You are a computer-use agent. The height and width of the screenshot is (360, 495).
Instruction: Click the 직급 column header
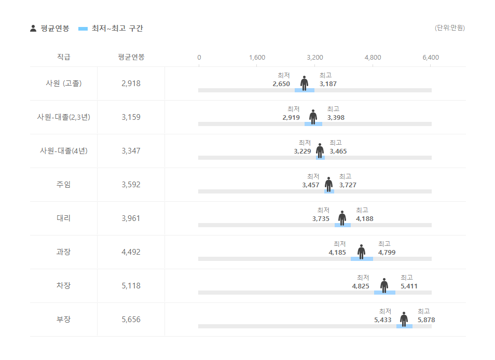pos(63,57)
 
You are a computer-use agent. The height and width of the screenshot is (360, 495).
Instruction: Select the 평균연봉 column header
pos(131,57)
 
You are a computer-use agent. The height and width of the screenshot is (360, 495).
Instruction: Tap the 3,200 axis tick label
pos(315,58)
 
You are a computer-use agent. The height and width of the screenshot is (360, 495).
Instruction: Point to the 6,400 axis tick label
pos(431,58)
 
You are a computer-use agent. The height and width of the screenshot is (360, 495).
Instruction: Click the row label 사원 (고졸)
pos(63,83)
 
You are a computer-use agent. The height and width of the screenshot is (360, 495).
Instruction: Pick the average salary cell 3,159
pos(131,117)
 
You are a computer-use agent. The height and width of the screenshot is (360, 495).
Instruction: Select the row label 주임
pos(63,185)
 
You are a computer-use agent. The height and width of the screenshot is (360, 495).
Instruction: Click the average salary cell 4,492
pos(131,252)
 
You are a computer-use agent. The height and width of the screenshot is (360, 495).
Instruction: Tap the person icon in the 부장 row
pos(404,319)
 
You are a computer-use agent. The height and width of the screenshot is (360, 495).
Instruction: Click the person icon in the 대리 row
pos(342,218)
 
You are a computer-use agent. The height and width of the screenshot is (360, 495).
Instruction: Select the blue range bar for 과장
pos(362,258)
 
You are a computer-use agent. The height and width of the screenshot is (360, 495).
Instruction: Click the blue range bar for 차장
pos(384,293)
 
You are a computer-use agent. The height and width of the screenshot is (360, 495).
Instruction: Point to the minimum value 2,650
pos(281,84)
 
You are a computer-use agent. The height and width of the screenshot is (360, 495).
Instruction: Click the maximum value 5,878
pos(426,320)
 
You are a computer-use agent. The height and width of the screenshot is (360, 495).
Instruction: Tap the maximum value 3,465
pos(338,151)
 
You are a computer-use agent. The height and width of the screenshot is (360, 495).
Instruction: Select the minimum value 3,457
pos(311,185)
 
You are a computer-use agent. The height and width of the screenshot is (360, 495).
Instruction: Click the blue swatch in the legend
pos(83,29)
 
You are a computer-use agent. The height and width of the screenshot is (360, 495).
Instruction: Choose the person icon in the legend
pos(33,29)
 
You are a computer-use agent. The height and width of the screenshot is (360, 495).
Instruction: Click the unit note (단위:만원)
pos(449,28)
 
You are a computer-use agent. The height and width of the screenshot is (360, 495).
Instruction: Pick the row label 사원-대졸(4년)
pos(63,151)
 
